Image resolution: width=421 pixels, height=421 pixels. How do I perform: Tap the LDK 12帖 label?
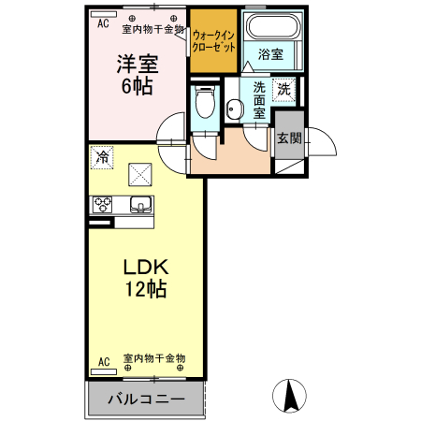145,278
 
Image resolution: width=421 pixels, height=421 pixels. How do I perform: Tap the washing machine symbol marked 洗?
283,91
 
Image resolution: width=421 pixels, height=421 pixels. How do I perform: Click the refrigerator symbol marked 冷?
103,158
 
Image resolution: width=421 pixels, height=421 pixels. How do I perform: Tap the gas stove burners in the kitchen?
102,206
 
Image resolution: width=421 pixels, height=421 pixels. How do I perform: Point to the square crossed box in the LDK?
141,174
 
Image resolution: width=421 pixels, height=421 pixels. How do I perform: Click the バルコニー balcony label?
145,399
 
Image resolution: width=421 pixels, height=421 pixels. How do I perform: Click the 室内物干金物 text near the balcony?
154,359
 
